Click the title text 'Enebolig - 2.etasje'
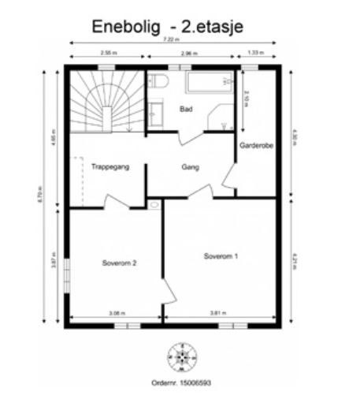click(x=167, y=25)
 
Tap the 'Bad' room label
click(x=186, y=109)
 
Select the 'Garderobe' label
click(x=256, y=144)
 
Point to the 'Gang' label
click(x=190, y=167)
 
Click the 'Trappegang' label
click(x=109, y=167)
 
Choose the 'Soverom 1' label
click(x=221, y=256)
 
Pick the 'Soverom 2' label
click(x=120, y=263)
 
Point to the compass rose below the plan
click(x=180, y=356)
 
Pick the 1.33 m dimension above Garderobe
click(x=257, y=54)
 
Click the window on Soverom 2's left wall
click(x=67, y=275)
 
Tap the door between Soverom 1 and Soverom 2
click(x=167, y=293)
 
